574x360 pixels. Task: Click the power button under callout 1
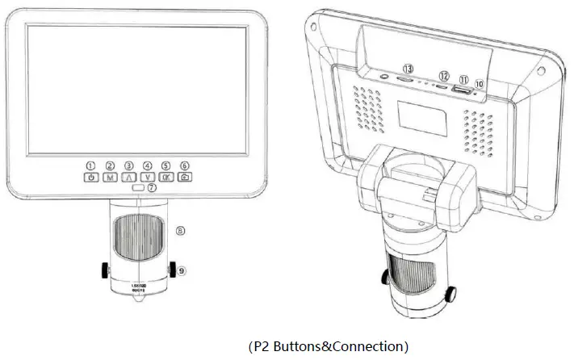(91, 177)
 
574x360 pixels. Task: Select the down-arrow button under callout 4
(148, 177)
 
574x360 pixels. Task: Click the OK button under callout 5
(166, 177)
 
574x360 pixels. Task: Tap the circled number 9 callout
(182, 271)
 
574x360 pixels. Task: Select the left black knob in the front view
(106, 267)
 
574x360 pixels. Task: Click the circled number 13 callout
(409, 69)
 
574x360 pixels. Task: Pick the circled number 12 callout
(442, 75)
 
